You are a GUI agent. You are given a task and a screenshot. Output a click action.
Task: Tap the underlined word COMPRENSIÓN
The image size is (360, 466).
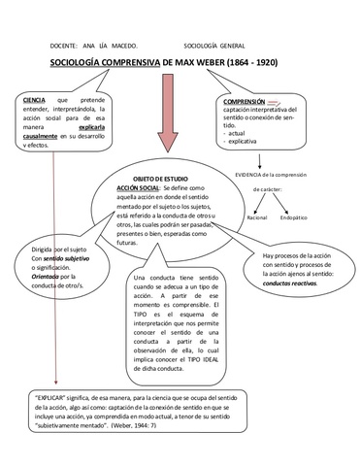[x=245, y=100]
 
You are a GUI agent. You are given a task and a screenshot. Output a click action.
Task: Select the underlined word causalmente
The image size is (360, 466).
[x=51, y=138]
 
